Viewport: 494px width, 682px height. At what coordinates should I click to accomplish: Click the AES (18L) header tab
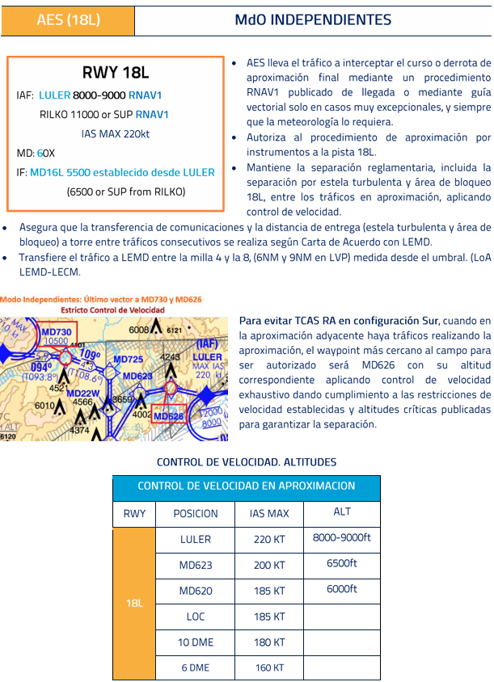pyautogui.click(x=68, y=19)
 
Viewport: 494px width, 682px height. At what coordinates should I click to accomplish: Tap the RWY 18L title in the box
pyautogui.click(x=116, y=74)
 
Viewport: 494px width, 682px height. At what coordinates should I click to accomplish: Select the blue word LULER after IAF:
pyautogui.click(x=54, y=95)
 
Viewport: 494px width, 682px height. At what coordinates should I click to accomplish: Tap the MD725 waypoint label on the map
pyautogui.click(x=128, y=359)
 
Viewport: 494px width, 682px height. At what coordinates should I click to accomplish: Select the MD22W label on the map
pyautogui.click(x=82, y=394)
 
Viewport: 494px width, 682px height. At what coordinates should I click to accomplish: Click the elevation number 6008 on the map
pyautogui.click(x=139, y=330)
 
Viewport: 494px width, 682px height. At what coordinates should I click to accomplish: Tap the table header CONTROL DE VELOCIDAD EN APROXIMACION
pyautogui.click(x=246, y=486)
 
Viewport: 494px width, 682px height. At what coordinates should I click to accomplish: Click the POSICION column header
pyautogui.click(x=196, y=513)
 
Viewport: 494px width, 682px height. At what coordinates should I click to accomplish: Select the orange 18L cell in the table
pyautogui.click(x=134, y=603)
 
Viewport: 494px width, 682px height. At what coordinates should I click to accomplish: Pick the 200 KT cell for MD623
pyautogui.click(x=270, y=565)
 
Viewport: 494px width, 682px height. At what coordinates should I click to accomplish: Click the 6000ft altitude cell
pyautogui.click(x=342, y=589)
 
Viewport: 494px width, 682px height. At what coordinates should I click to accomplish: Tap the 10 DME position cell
pyautogui.click(x=196, y=642)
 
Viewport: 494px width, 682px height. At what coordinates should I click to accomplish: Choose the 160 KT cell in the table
pyautogui.click(x=270, y=667)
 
